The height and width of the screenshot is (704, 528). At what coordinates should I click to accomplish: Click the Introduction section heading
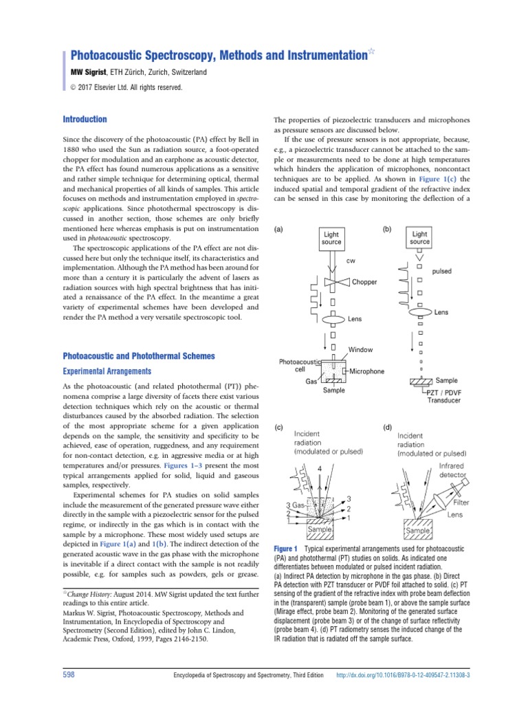point(85,119)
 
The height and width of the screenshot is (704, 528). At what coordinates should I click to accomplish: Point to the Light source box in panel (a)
point(331,238)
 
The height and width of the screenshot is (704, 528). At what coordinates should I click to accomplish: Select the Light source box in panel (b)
point(419,238)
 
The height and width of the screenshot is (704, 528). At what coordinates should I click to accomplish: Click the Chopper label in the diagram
point(364,283)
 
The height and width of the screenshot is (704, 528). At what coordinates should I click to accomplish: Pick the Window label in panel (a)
point(361,350)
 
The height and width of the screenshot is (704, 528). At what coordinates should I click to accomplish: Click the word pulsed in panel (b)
point(441,272)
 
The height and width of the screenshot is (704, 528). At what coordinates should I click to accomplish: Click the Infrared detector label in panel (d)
point(451,470)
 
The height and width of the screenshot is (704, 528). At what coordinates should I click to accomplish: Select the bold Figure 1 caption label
point(285,548)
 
